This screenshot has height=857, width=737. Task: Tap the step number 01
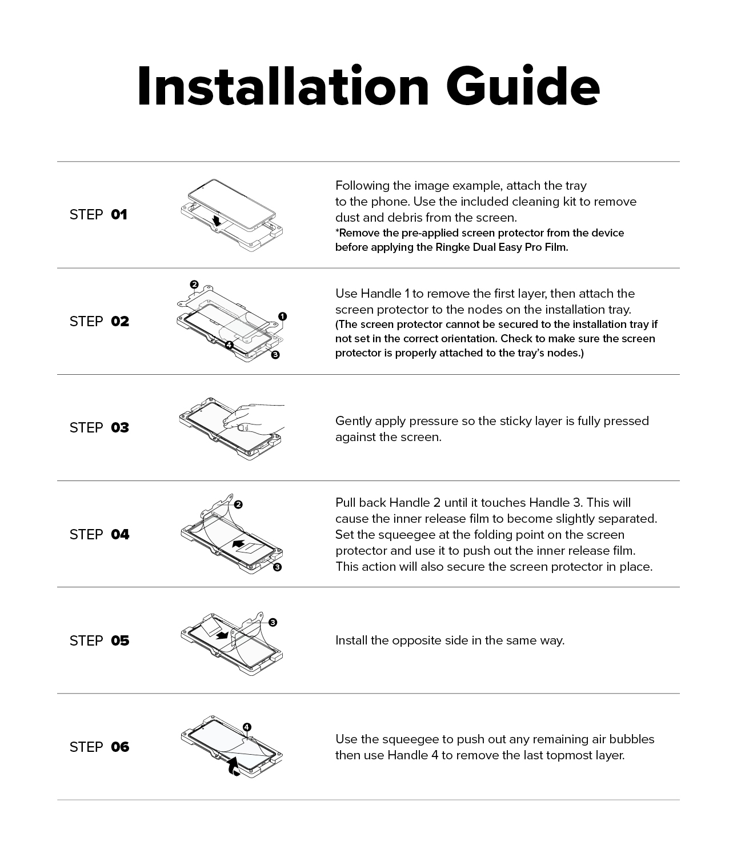119,215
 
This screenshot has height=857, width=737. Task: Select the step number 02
120,321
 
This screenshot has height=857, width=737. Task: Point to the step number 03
120,427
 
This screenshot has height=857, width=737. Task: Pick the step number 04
120,534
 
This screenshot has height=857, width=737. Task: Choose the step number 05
120,640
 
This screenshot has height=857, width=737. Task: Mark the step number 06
120,747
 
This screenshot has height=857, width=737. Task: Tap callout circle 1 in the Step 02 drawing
283,317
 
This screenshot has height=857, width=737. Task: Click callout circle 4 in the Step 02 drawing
229,345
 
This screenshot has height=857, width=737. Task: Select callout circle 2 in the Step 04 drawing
238,504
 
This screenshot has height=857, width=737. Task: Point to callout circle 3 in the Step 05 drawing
273,622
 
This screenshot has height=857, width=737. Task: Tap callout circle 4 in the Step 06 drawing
247,727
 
